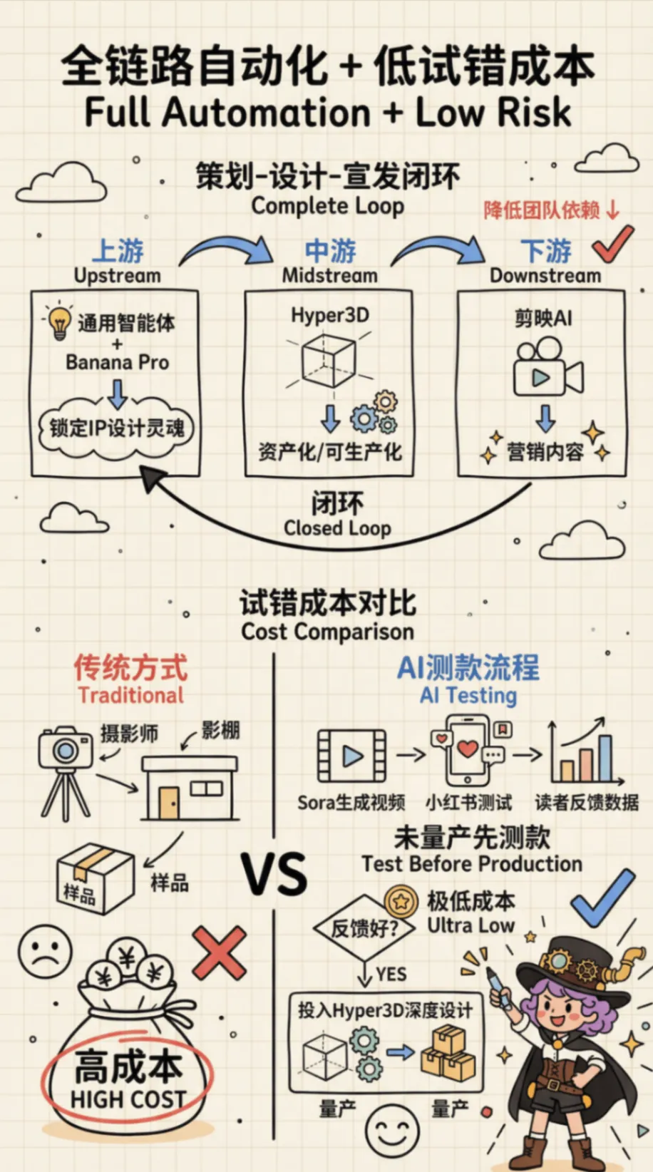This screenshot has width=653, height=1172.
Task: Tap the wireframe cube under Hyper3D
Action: click(329, 359)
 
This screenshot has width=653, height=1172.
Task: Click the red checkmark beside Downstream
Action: click(612, 244)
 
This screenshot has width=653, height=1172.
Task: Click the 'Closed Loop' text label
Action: click(337, 528)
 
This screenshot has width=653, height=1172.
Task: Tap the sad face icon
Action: click(45, 951)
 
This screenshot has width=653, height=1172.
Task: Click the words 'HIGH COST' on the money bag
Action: click(128, 1099)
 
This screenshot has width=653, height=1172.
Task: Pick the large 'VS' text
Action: click(274, 875)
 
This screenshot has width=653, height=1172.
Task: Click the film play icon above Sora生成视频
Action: click(352, 756)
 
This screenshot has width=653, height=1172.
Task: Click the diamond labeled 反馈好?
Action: click(364, 928)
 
